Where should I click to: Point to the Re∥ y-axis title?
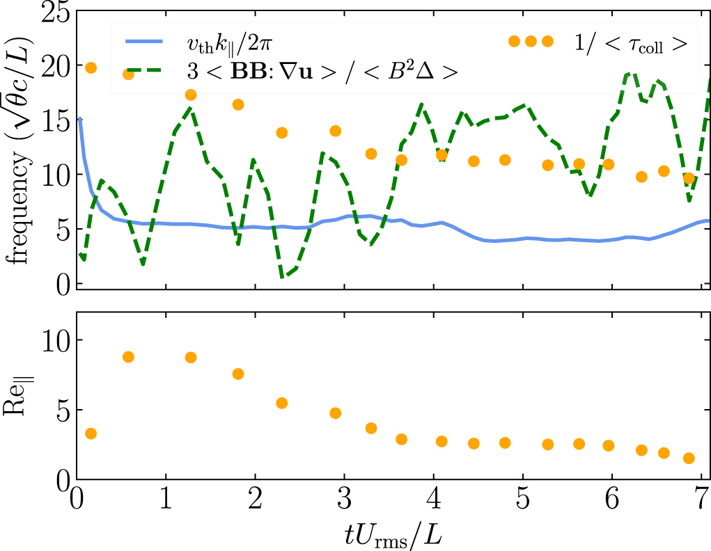coord(22,408)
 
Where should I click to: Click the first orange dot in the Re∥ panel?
coord(90,433)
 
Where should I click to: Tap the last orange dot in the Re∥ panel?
coord(689,458)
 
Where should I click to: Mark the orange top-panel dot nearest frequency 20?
coord(90,67)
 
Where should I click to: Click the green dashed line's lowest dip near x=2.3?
coord(283,277)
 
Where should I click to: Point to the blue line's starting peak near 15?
coord(80,119)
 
